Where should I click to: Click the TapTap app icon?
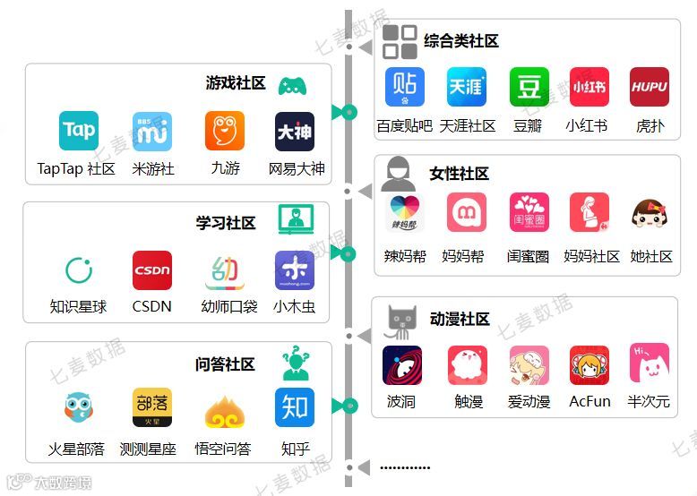(79, 131)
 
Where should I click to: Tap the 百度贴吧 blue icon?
(404, 87)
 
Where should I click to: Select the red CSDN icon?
(152, 270)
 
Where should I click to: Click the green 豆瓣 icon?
(529, 87)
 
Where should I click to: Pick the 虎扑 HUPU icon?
(650, 87)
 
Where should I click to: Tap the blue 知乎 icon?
(295, 408)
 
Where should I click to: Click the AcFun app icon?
(589, 365)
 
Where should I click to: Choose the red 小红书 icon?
(589, 87)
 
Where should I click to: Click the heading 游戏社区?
(236, 83)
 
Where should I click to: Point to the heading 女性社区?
(459, 174)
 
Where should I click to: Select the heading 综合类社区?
(460, 41)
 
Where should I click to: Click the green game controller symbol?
(292, 86)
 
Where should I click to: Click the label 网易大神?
(297, 168)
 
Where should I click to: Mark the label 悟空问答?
(223, 449)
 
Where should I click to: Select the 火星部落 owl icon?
(79, 408)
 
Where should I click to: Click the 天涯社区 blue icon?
(467, 87)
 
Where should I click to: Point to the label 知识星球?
(78, 307)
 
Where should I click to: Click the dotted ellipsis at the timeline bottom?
(405, 467)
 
